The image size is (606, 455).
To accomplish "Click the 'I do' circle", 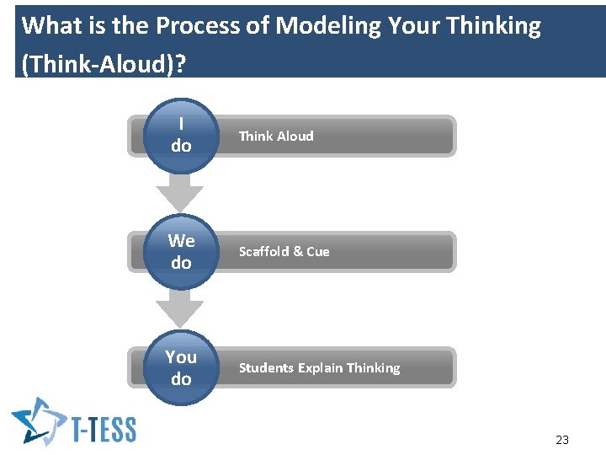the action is [x=181, y=136].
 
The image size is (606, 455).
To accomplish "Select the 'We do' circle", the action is [x=181, y=252].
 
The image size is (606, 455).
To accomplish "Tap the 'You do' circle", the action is [x=181, y=368].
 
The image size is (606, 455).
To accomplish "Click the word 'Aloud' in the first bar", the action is [x=295, y=136].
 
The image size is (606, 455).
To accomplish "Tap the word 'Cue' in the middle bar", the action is [x=318, y=252].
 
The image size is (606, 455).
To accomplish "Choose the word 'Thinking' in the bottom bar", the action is [x=373, y=368].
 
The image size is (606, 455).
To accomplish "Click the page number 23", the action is [x=562, y=439].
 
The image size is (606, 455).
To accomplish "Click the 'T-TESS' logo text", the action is [x=103, y=429].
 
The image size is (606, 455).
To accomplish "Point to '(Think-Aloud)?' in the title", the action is [x=103, y=64].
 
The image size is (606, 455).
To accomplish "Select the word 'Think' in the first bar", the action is [x=256, y=136].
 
